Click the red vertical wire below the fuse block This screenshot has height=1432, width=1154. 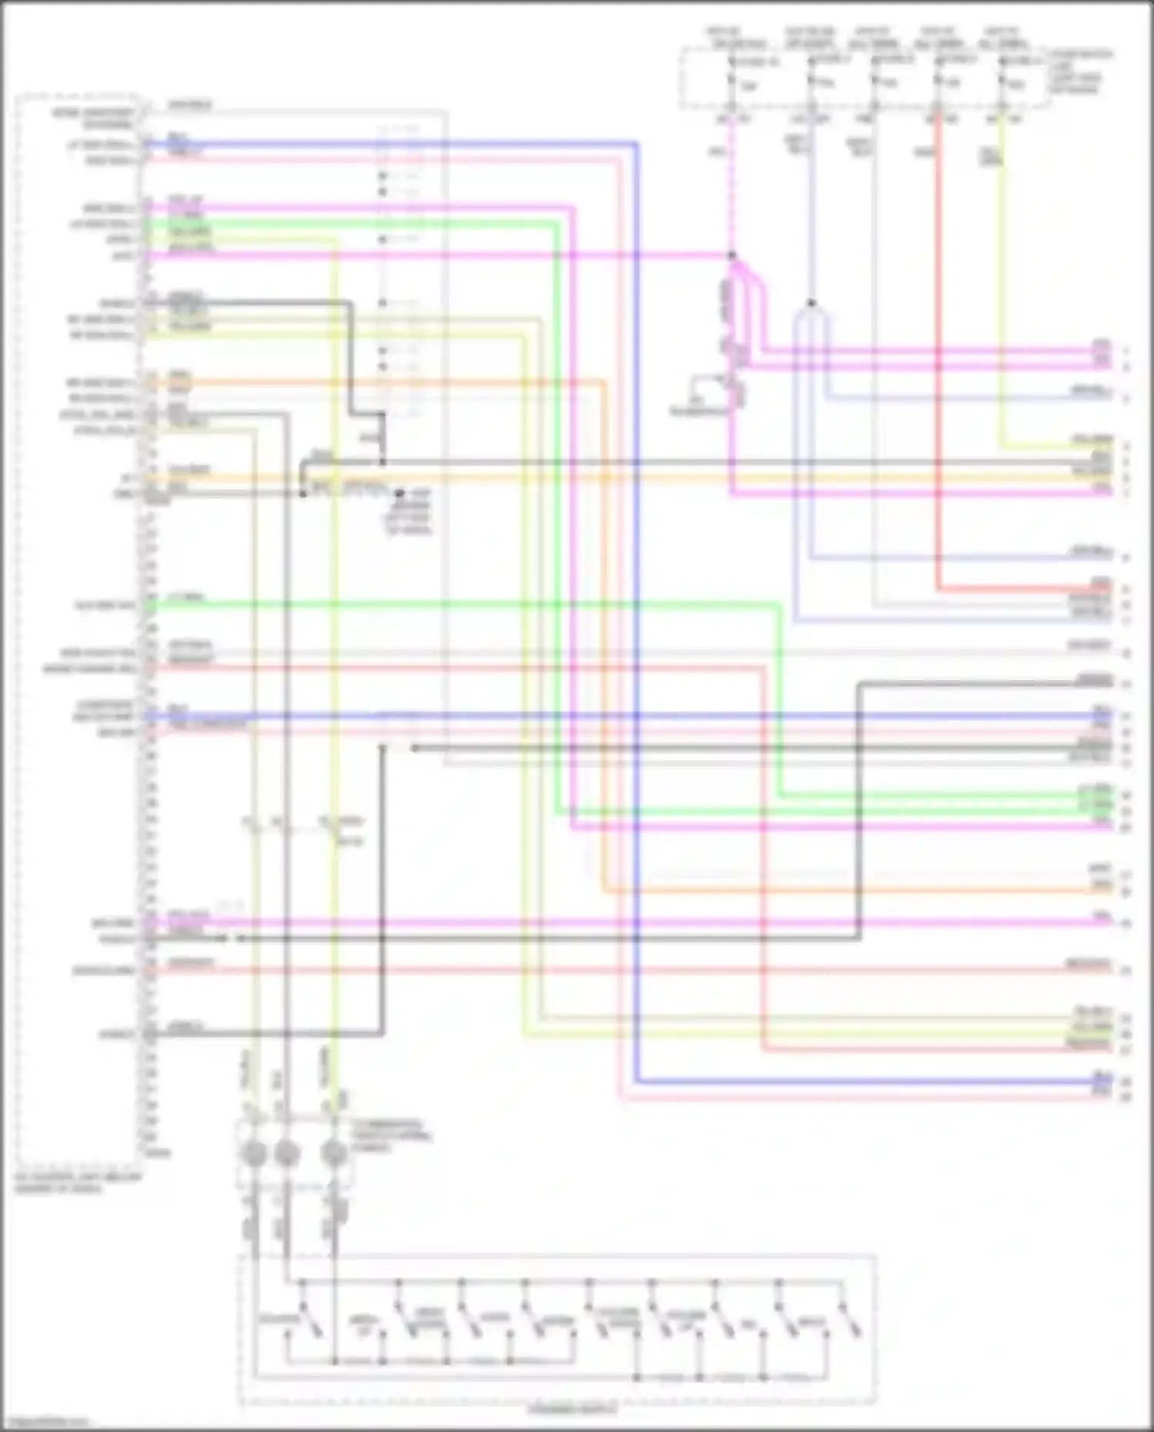click(x=938, y=346)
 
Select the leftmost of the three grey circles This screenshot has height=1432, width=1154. click(x=254, y=1153)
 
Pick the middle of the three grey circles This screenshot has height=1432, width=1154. click(x=286, y=1153)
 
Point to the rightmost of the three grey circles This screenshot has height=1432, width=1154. click(x=334, y=1153)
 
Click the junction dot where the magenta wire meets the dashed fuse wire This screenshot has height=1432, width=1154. click(x=732, y=255)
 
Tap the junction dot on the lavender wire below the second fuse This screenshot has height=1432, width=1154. click(x=811, y=303)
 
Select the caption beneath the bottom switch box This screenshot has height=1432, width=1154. click(x=572, y=1410)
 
